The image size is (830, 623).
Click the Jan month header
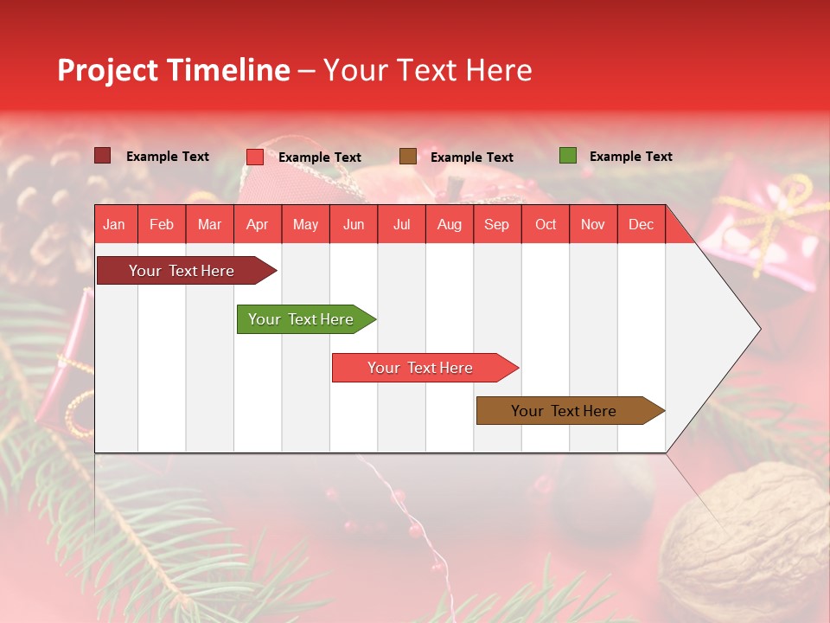(x=114, y=224)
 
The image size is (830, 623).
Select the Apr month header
(x=257, y=224)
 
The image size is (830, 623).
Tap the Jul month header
(x=401, y=224)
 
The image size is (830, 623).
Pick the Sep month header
(x=496, y=224)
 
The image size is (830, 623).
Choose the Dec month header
(x=641, y=224)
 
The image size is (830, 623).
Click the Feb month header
(x=162, y=224)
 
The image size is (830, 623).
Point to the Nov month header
(x=593, y=224)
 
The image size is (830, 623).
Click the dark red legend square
(x=102, y=156)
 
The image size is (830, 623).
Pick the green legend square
(x=567, y=156)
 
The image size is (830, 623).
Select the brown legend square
(x=408, y=156)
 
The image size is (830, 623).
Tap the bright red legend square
(x=255, y=157)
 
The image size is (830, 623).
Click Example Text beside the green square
(x=630, y=157)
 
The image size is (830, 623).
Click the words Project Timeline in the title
(x=173, y=70)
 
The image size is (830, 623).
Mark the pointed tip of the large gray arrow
(x=759, y=329)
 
